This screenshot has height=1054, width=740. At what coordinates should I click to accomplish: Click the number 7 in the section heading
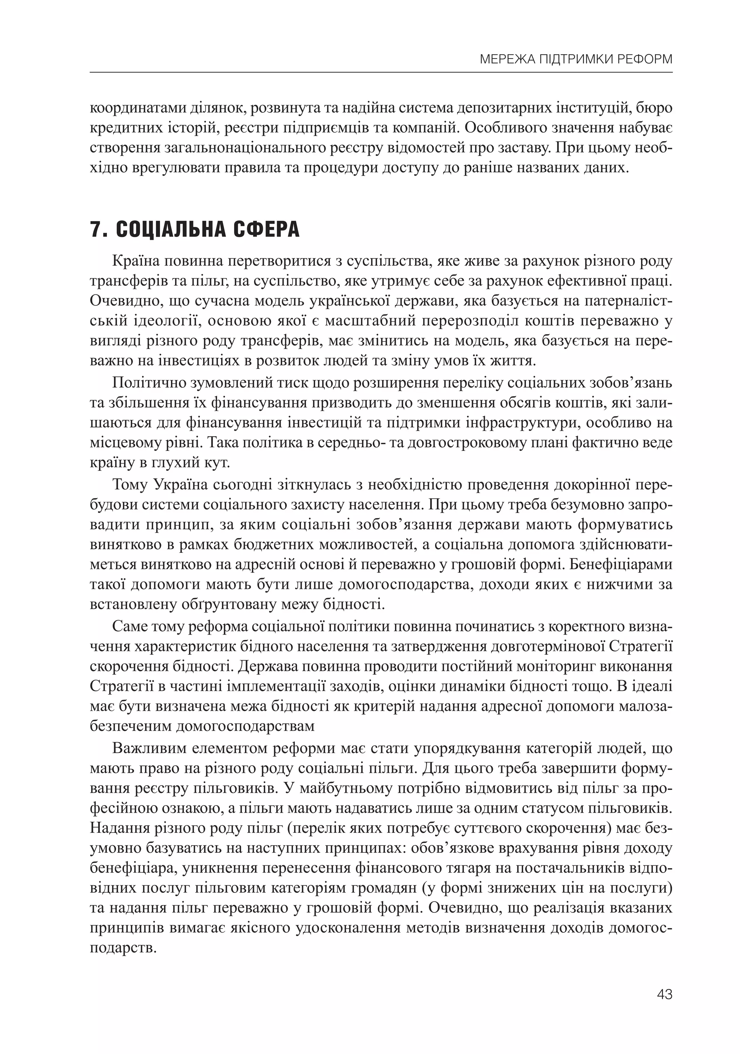(95, 229)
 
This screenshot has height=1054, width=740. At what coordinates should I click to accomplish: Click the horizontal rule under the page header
(381, 72)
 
